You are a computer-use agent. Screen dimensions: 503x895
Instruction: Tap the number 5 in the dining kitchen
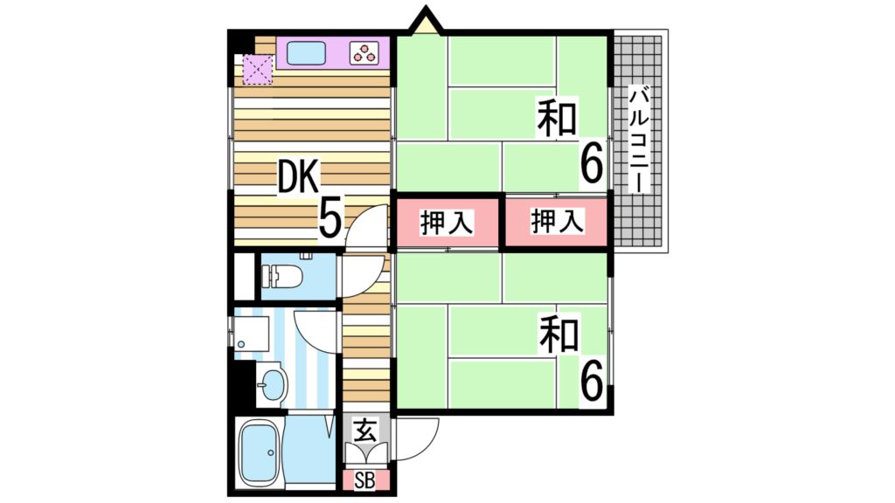(330, 217)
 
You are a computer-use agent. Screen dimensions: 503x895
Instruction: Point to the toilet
(285, 276)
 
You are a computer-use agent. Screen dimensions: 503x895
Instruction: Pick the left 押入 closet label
(447, 223)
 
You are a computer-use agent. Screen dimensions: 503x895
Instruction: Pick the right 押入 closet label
(557, 223)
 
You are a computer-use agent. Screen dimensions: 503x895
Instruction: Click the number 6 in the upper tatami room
(592, 165)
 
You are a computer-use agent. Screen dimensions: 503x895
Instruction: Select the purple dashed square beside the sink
(258, 70)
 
